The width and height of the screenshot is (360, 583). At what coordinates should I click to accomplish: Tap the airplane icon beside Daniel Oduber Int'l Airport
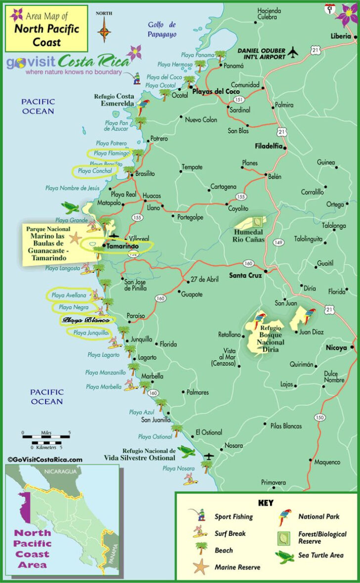(x=294, y=51)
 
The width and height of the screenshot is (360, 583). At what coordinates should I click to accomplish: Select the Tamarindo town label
(x=123, y=246)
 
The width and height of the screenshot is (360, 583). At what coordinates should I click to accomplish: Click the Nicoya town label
(x=336, y=348)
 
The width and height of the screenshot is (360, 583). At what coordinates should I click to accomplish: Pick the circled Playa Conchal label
(x=94, y=171)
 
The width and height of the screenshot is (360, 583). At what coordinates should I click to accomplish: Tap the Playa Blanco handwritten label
(x=86, y=320)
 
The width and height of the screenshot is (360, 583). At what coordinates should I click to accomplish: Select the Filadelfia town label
(x=269, y=146)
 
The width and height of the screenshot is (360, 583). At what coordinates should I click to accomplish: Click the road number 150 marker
(x=320, y=418)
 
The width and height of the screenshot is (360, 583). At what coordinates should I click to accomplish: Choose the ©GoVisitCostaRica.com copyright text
(x=45, y=459)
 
